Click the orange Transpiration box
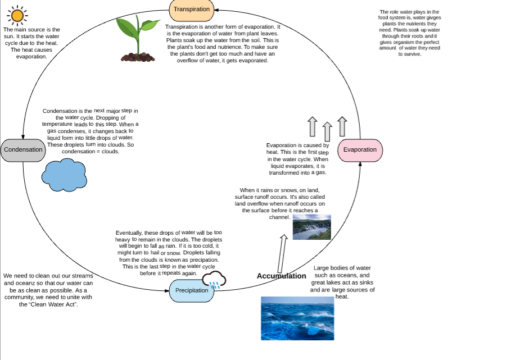pos(192,9)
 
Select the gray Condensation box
pos(23,150)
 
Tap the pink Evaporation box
pos(360,150)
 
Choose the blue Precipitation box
pos(192,290)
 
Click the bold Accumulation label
pos(281,276)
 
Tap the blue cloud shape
pos(63,175)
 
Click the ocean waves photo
pos(297,318)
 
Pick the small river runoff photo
pos(311,226)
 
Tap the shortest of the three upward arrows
pos(328,133)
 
